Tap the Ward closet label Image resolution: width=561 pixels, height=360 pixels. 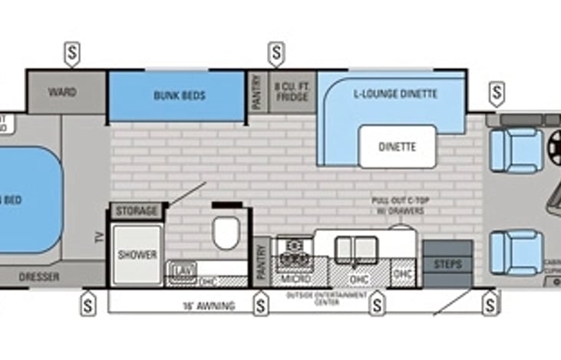tap(62, 92)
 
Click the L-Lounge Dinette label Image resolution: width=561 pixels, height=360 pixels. tap(395, 94)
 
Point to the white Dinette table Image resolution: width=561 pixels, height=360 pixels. tap(397, 146)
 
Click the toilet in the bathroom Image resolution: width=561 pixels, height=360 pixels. tap(226, 233)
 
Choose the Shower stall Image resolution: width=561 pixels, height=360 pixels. tap(137, 254)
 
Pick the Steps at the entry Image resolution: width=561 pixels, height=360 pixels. tap(448, 263)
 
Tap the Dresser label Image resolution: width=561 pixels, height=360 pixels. tap(39, 276)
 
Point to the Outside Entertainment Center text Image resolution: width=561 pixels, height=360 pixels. tap(317, 298)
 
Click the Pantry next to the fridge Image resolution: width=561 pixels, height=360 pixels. tap(257, 93)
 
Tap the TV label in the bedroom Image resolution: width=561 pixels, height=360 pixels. tap(99, 237)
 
